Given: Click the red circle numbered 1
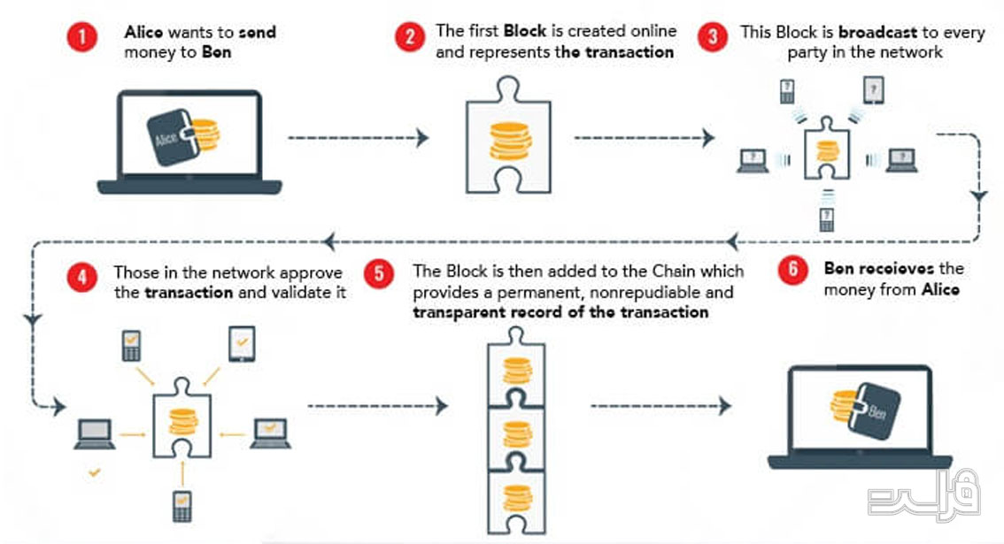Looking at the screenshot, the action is point(82,37).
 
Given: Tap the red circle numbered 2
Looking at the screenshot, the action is point(410,37).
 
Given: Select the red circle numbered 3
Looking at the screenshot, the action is point(713,37).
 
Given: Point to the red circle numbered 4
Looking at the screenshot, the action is point(82,278).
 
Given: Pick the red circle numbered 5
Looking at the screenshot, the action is point(379,274).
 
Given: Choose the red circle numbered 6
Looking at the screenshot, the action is point(792,270).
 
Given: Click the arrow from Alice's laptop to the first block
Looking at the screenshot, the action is point(359,138).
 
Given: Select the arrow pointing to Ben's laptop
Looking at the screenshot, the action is point(660,406).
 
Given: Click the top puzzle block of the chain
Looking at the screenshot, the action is point(516,369).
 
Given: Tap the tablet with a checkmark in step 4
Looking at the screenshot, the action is point(242,344).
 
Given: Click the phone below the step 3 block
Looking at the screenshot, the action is point(827,219).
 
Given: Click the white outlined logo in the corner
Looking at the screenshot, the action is point(924,494).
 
